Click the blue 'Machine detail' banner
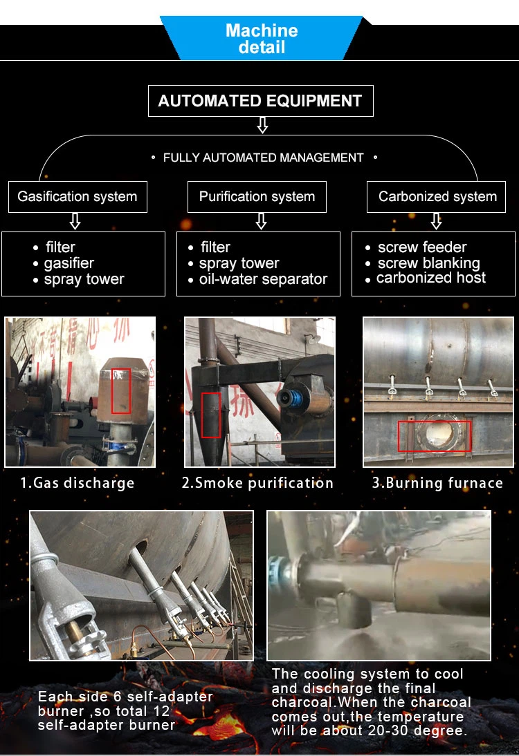(x=261, y=39)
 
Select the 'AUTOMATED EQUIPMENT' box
(x=260, y=101)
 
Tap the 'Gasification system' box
(x=78, y=196)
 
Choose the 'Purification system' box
(x=257, y=196)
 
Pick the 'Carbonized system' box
(x=437, y=196)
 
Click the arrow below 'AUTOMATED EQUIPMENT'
(x=262, y=125)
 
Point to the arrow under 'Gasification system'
(x=75, y=221)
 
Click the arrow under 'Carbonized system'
(x=436, y=221)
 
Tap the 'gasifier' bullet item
(x=69, y=263)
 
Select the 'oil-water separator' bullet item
(x=263, y=279)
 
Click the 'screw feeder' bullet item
(x=421, y=247)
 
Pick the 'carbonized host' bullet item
(x=430, y=278)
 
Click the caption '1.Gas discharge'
(x=77, y=483)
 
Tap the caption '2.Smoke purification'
(x=257, y=483)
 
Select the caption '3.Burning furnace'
(x=437, y=483)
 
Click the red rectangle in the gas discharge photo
(x=121, y=391)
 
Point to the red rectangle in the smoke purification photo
(x=211, y=415)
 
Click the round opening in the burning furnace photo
(x=439, y=434)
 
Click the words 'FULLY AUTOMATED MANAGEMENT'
(x=263, y=158)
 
